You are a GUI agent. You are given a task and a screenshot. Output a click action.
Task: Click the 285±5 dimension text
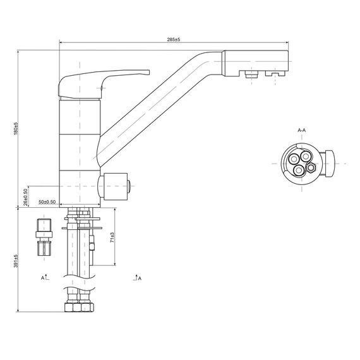click(x=174, y=40)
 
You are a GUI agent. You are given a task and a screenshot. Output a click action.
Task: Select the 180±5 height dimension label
click(x=16, y=129)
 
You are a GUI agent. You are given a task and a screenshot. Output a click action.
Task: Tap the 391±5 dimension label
click(x=16, y=261)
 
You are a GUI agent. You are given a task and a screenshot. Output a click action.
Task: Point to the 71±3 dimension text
click(x=112, y=237)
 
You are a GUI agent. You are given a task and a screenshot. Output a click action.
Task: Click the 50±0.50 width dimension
click(x=47, y=202)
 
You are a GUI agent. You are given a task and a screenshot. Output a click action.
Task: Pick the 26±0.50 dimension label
click(x=25, y=197)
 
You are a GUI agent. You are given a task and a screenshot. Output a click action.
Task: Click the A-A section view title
click(x=302, y=130)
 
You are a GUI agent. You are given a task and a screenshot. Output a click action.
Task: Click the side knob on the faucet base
click(x=114, y=186)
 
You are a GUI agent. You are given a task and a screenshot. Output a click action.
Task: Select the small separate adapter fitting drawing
click(x=44, y=237)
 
